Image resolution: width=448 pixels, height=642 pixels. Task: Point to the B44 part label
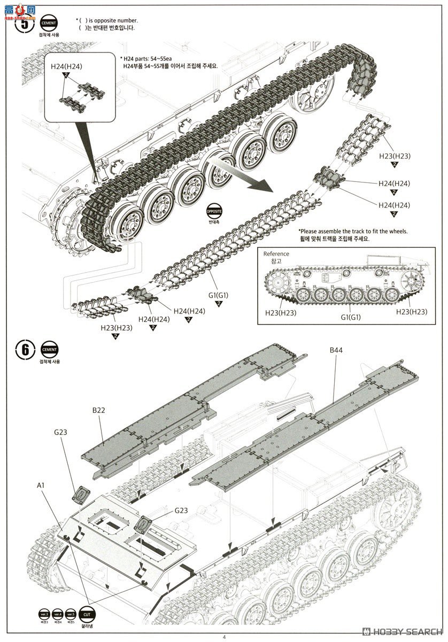tap(336, 350)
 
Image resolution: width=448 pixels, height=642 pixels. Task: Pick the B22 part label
tap(99, 410)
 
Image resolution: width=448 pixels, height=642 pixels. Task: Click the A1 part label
tap(41, 485)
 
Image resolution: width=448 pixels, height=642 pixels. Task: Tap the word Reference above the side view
tap(276, 254)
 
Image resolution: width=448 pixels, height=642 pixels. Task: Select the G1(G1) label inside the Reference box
tap(351, 317)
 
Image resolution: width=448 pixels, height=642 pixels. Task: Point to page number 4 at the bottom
tap(224, 636)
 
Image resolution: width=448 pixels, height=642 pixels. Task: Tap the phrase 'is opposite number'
tap(110, 20)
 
